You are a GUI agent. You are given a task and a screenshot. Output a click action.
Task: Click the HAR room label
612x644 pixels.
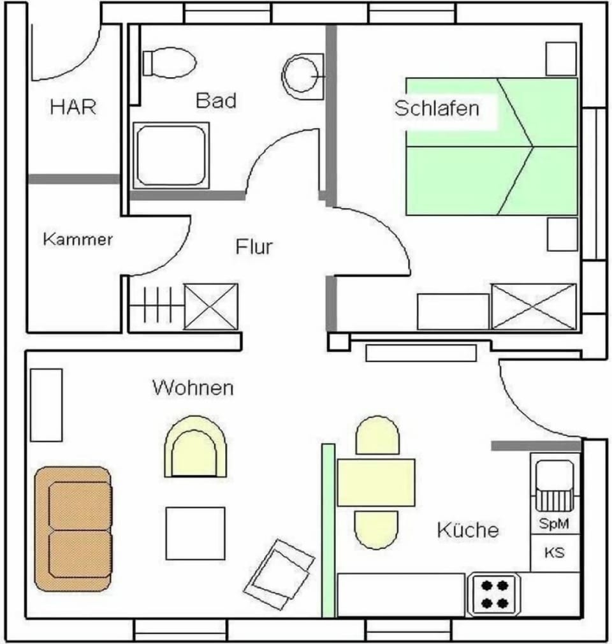[73, 106]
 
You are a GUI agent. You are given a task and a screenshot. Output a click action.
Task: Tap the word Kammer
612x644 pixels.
[78, 239]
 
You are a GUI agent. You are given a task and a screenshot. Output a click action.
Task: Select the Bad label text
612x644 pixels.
[216, 101]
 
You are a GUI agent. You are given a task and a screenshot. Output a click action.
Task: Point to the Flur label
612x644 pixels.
[254, 246]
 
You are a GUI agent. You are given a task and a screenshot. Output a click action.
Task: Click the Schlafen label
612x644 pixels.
[437, 108]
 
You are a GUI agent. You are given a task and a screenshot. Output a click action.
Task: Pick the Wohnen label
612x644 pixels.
[193, 388]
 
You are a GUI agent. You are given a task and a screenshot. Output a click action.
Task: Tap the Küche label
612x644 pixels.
[468, 530]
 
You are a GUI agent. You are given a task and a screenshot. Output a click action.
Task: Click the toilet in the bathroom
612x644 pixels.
[169, 63]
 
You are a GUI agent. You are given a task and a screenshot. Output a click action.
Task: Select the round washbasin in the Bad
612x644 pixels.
[303, 76]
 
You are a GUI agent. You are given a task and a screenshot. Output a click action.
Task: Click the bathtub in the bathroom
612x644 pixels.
[171, 156]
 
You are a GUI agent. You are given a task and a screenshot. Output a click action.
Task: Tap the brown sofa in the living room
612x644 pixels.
[73, 529]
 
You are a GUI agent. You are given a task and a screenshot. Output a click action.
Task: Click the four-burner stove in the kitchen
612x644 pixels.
[495, 594]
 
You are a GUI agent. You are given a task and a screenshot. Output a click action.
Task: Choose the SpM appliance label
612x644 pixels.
[554, 523]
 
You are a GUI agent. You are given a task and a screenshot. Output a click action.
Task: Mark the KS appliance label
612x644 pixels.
[555, 553]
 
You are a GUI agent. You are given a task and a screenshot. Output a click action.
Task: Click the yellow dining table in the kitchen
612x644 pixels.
[376, 483]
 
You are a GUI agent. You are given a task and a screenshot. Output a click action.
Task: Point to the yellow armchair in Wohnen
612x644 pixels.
[195, 446]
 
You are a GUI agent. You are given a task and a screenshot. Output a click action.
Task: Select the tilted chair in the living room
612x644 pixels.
[279, 574]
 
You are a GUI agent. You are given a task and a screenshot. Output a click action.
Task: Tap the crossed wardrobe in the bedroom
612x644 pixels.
[534, 307]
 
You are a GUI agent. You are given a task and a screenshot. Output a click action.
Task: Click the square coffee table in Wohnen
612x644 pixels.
[196, 534]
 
